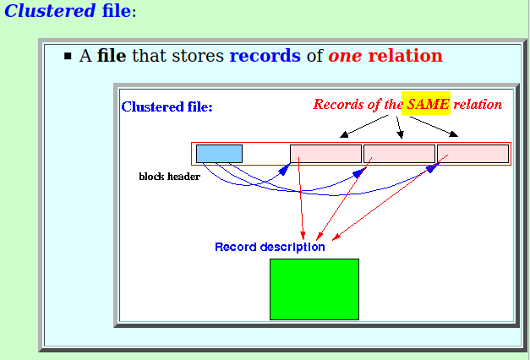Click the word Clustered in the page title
click(x=50, y=10)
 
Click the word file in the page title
click(x=117, y=10)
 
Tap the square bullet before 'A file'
click(x=68, y=56)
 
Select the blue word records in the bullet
click(x=265, y=56)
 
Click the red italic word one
click(x=345, y=56)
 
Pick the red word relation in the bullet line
click(x=405, y=56)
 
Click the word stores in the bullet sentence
click(x=198, y=56)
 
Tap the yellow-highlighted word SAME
click(x=428, y=104)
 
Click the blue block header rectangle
click(x=219, y=154)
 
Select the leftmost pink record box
click(x=325, y=154)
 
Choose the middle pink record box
click(x=399, y=154)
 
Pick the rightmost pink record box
click(x=473, y=154)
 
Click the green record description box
click(x=314, y=289)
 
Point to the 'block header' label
click(x=169, y=177)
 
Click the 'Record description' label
click(x=270, y=247)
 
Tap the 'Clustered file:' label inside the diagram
click(x=167, y=106)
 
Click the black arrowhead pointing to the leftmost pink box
click(x=344, y=134)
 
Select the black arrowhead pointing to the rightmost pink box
click(x=454, y=134)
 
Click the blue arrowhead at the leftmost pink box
click(x=285, y=169)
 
